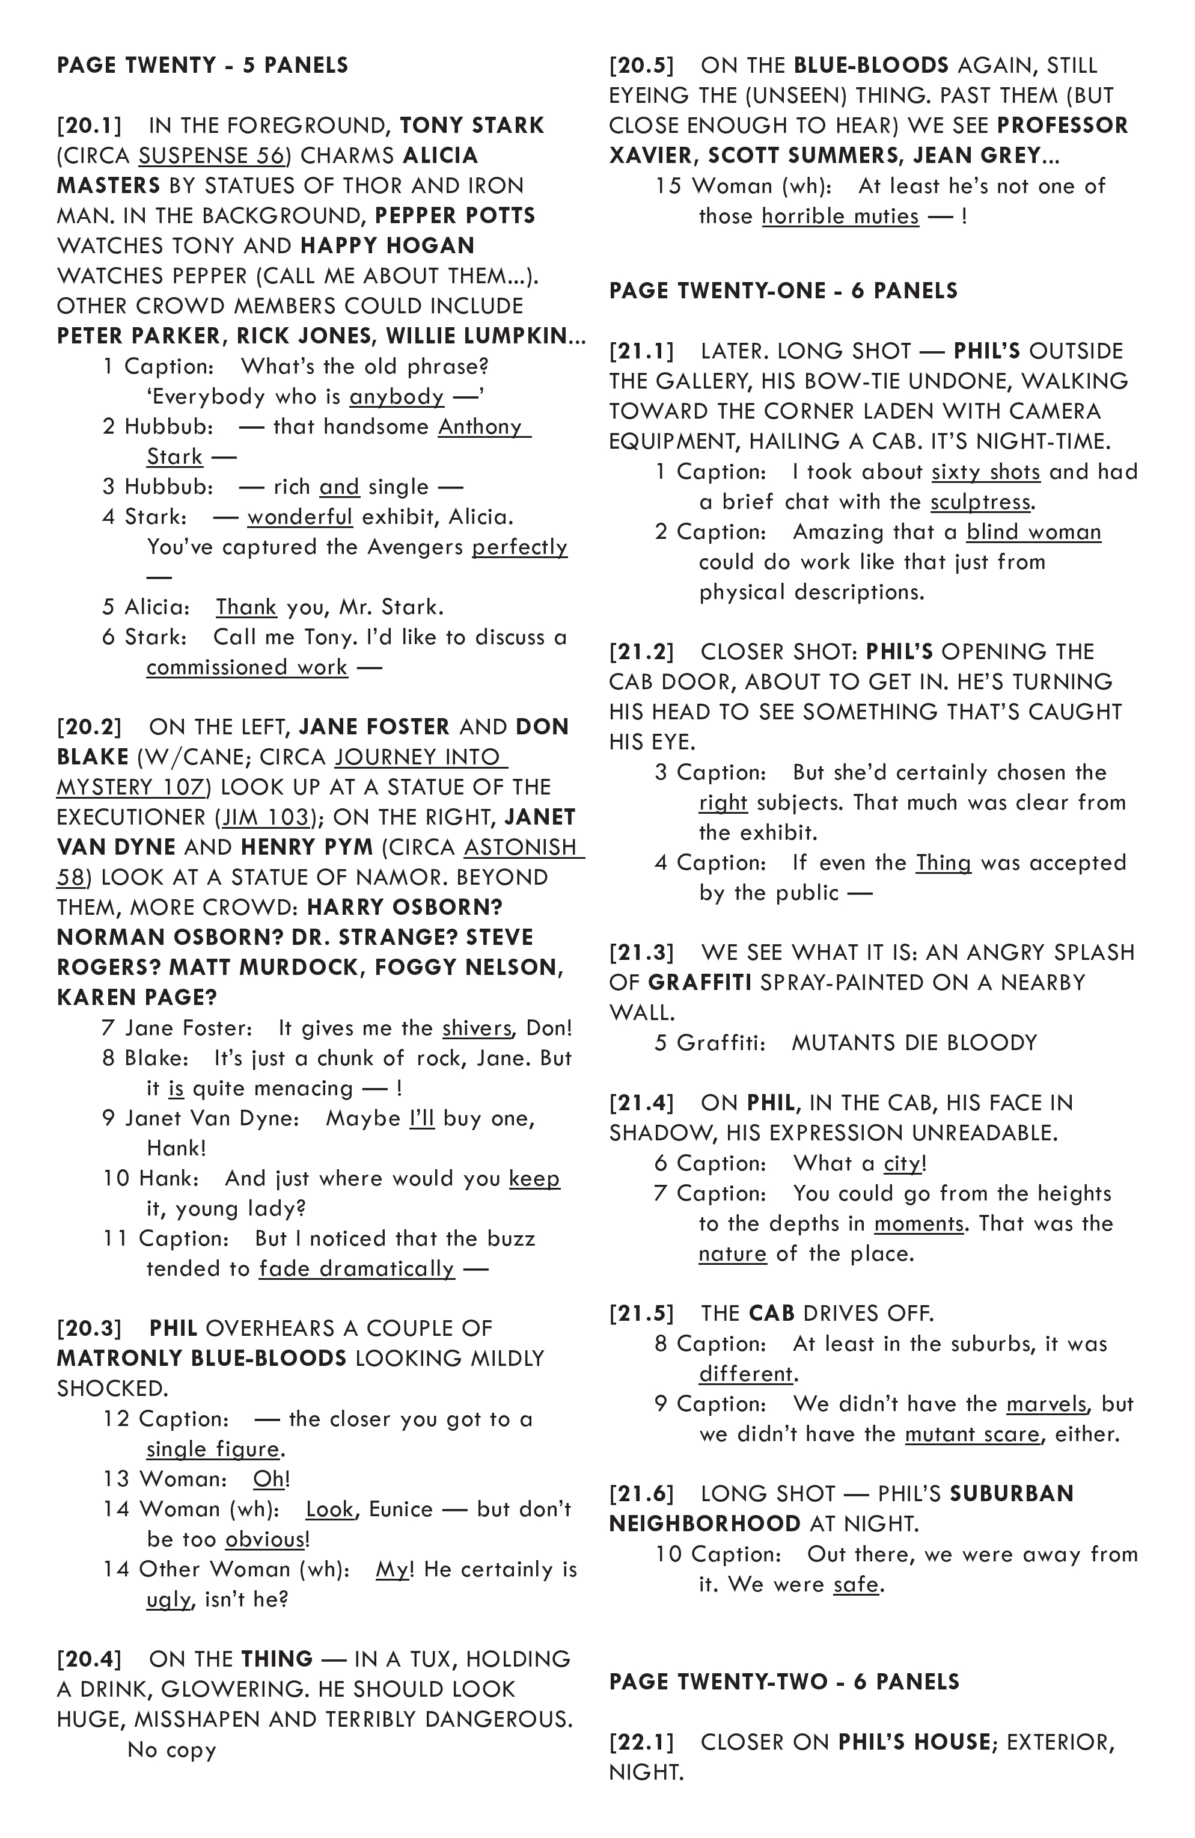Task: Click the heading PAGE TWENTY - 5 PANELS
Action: tap(202, 65)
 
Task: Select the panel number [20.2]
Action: tap(90, 727)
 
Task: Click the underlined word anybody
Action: tap(397, 397)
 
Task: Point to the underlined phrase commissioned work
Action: tap(247, 667)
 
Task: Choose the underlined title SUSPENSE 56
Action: tap(212, 156)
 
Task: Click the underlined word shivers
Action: tap(476, 1028)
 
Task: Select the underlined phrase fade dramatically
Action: tap(356, 1269)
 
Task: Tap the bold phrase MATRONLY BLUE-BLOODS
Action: tap(201, 1359)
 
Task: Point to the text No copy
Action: tap(171, 1750)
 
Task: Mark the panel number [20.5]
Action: tap(641, 66)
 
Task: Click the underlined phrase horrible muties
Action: tap(840, 217)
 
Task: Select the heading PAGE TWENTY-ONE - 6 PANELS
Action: tap(783, 291)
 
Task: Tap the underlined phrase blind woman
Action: tap(1034, 532)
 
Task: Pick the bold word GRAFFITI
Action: tap(700, 982)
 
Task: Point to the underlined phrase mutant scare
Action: tap(973, 1434)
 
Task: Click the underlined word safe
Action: tap(856, 1585)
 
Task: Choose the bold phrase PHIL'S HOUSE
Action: tap(914, 1742)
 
